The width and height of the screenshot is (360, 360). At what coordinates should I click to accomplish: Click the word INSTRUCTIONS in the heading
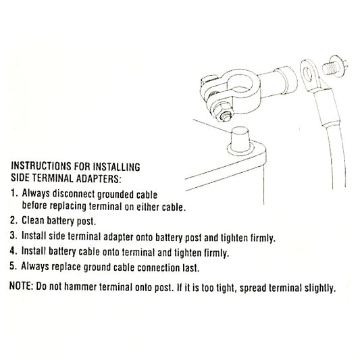pyautogui.click(x=41, y=166)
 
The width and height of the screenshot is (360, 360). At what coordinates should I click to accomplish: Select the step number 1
pyautogui.click(x=14, y=193)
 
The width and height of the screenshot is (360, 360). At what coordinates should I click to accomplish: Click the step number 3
pyautogui.click(x=14, y=236)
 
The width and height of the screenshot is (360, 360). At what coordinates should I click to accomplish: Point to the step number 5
pyautogui.click(x=13, y=266)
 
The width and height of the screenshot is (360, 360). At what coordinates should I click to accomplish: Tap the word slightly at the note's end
pyautogui.click(x=320, y=288)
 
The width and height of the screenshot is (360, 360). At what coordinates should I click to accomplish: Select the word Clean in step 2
pyautogui.click(x=33, y=220)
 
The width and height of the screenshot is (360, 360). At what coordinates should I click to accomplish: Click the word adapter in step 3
pyautogui.click(x=118, y=237)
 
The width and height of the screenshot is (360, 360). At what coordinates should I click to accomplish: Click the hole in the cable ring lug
pyautogui.click(x=308, y=74)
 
